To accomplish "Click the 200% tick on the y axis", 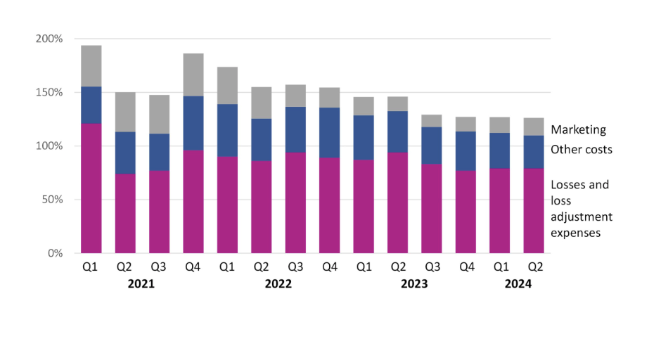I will click(49, 39).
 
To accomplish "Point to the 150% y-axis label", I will click(49, 92).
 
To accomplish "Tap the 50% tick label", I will click(52, 200).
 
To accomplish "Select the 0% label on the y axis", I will click(55, 253).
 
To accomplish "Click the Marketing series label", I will click(578, 130).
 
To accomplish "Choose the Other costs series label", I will click(582, 149).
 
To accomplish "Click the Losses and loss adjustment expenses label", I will click(580, 208).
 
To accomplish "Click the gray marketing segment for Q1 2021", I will click(91, 66).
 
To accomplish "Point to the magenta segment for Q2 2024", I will click(534, 210).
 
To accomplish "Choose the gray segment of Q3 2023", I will click(432, 121).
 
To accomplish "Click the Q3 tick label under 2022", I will click(295, 267).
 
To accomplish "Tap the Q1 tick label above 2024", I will click(500, 267).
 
